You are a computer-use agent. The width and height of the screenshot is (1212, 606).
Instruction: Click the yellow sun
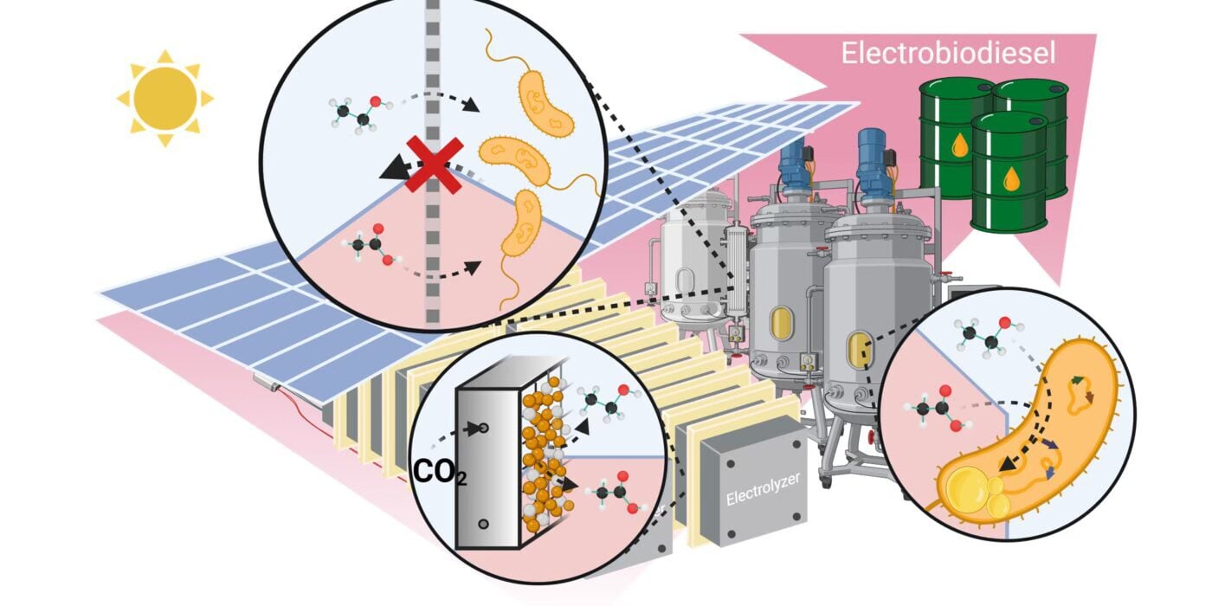click(x=165, y=97)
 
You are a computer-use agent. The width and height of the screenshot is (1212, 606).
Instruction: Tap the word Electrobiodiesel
click(x=948, y=54)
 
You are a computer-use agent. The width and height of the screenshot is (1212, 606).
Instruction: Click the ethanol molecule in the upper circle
click(x=354, y=113)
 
